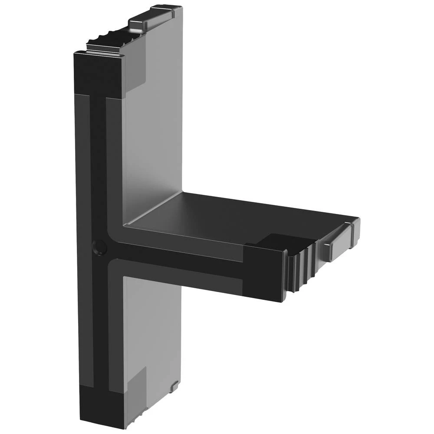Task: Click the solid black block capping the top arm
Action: [x=98, y=74]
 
